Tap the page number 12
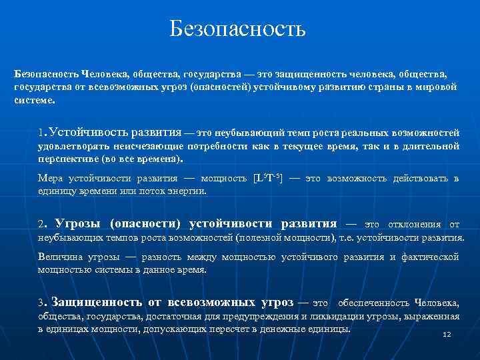[447, 334]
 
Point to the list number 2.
[42, 224]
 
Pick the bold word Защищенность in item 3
[90, 301]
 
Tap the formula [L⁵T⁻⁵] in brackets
[268, 179]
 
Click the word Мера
[50, 179]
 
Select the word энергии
[189, 191]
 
